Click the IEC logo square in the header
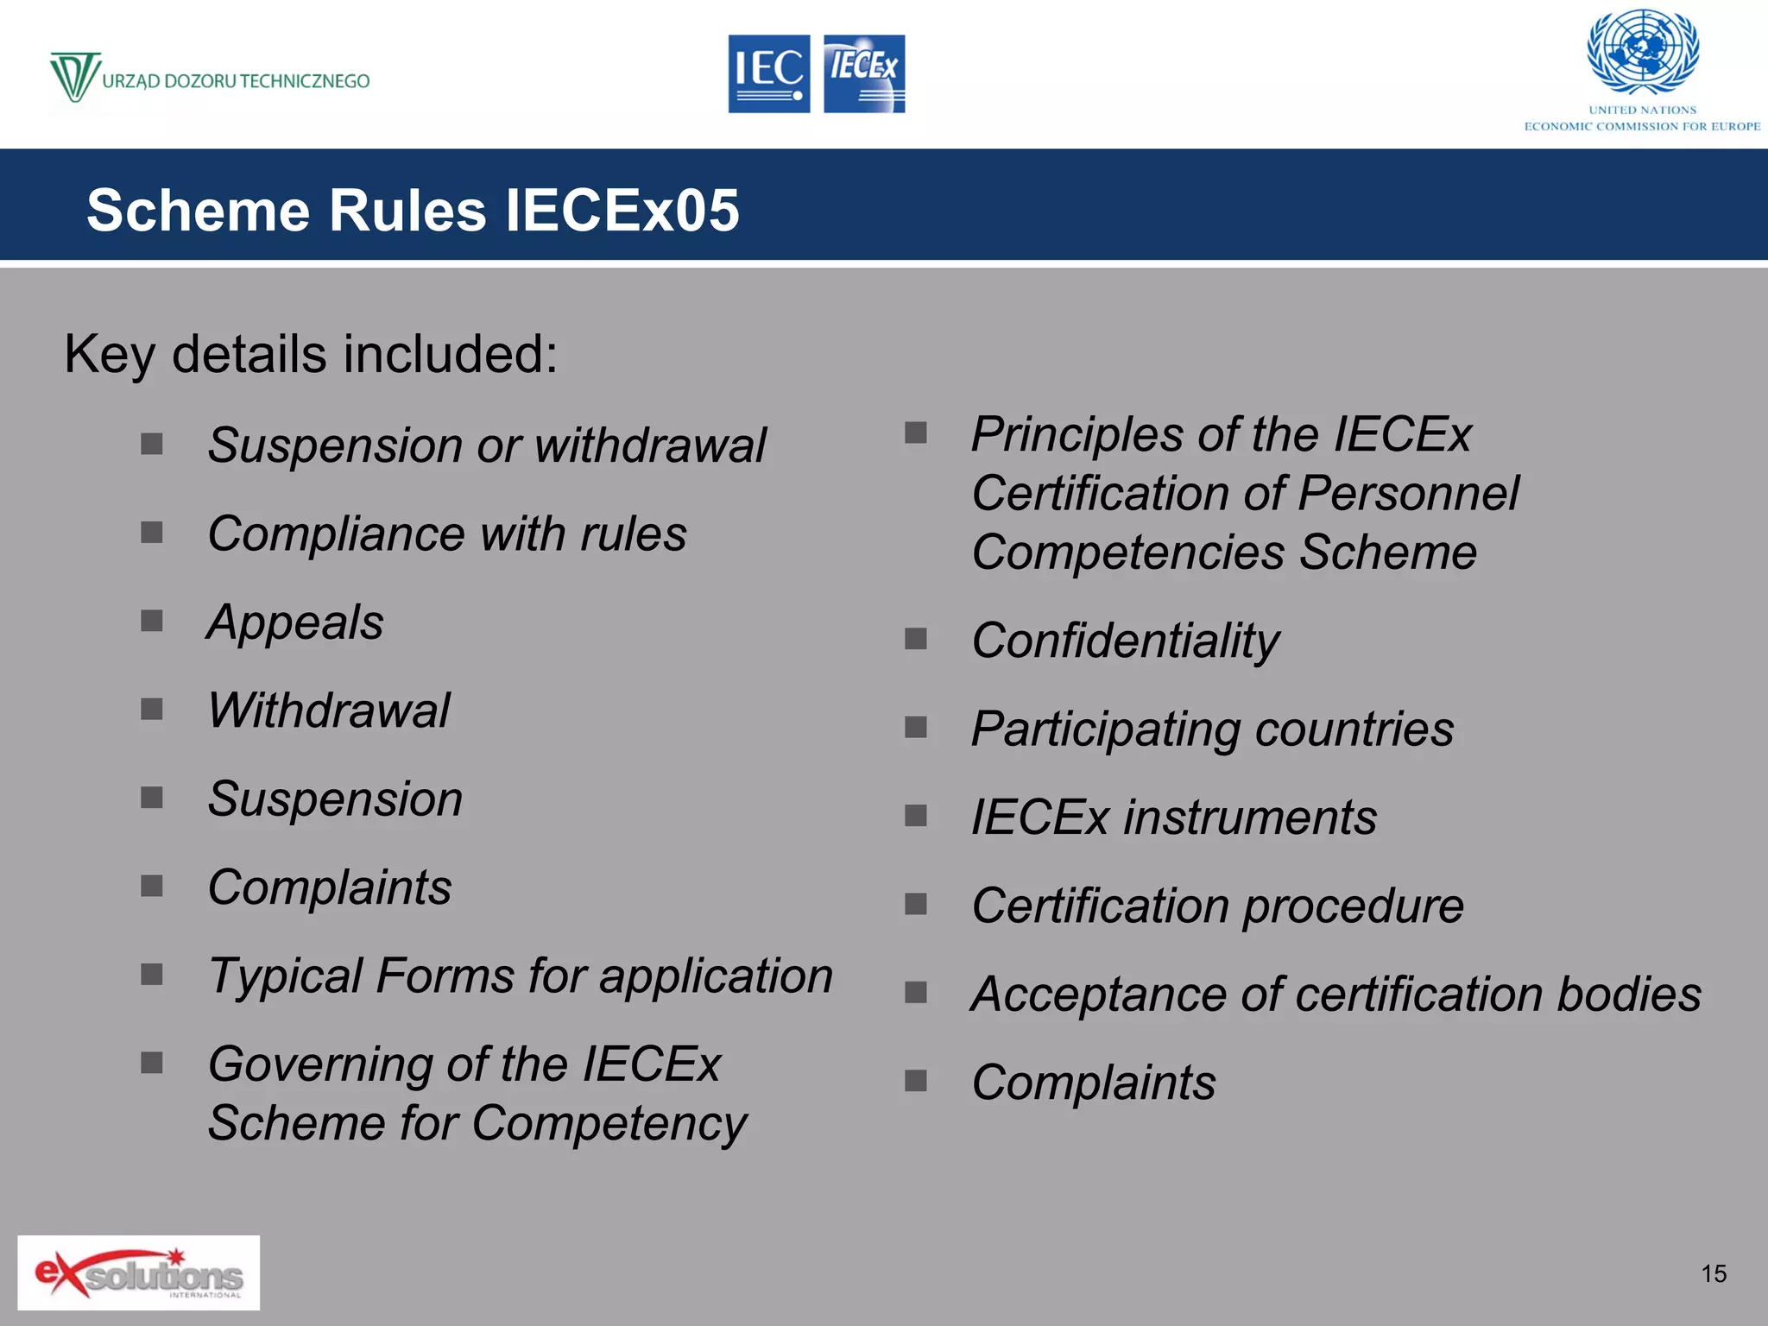pyautogui.click(x=768, y=73)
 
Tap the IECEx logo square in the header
pyautogui.click(x=864, y=73)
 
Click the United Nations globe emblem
pyautogui.click(x=1643, y=52)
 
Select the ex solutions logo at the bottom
pyautogui.click(x=138, y=1272)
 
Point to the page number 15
pyautogui.click(x=1714, y=1273)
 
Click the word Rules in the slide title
pyautogui.click(x=407, y=211)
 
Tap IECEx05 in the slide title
pyautogui.click(x=622, y=211)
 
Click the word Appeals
pyautogui.click(x=295, y=623)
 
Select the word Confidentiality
pyautogui.click(x=1125, y=641)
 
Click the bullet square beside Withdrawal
pyautogui.click(x=152, y=710)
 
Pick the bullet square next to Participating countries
pyautogui.click(x=915, y=728)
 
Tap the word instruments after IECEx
pyautogui.click(x=1249, y=818)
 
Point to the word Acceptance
pyautogui.click(x=1098, y=994)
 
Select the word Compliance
pyautogui.click(x=337, y=534)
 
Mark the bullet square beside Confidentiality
pyautogui.click(x=915, y=639)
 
